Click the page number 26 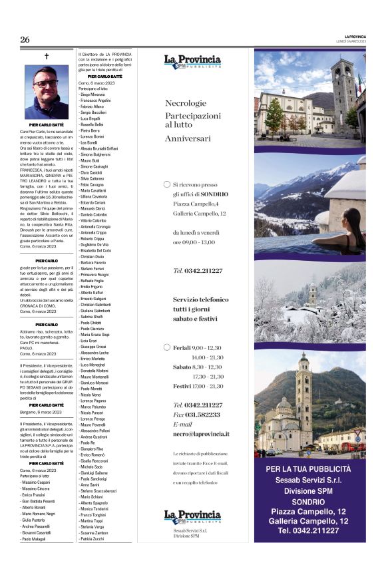pyautogui.click(x=25, y=40)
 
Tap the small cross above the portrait pyautogui.click(x=47, y=57)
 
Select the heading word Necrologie pyautogui.click(x=186, y=103)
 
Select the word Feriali pyautogui.click(x=182, y=347)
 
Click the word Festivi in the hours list pyautogui.click(x=182, y=386)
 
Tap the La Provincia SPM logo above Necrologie pyautogui.click(x=192, y=62)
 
